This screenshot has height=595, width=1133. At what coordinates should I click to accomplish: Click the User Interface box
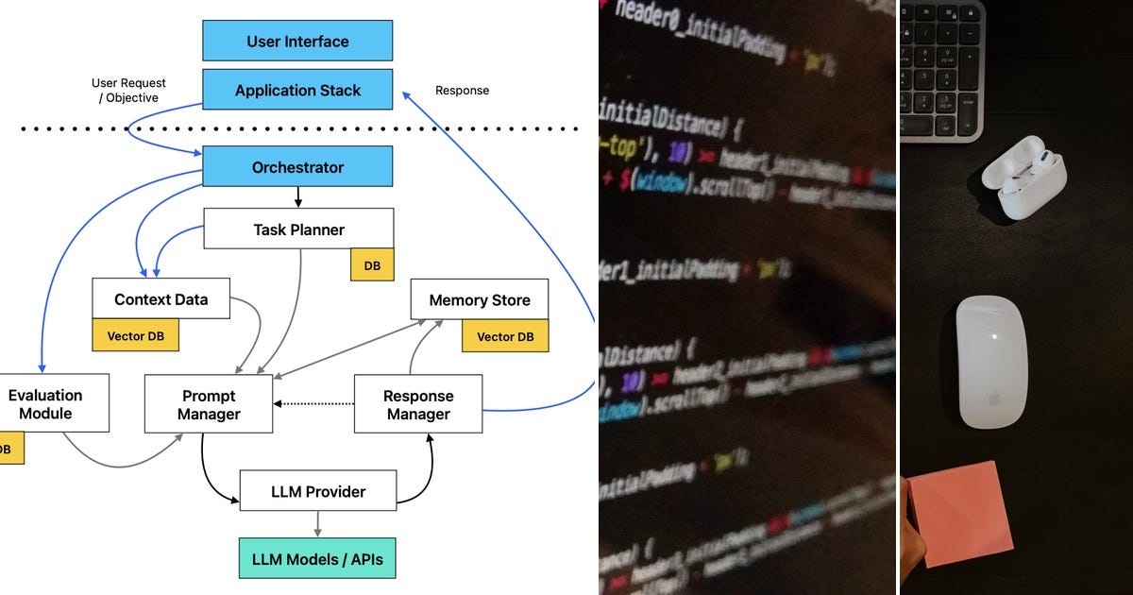[x=297, y=42]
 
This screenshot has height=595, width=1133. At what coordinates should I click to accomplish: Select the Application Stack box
[x=297, y=91]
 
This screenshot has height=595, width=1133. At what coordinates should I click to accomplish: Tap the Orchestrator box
[x=297, y=167]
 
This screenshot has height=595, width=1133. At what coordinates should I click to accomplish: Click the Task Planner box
[x=298, y=229]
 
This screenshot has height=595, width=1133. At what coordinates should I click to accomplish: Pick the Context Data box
[x=161, y=299]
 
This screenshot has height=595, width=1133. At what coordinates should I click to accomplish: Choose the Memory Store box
[x=479, y=300]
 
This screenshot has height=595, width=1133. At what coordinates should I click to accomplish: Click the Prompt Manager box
[x=208, y=404]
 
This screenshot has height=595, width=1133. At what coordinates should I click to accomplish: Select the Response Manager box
[x=417, y=404]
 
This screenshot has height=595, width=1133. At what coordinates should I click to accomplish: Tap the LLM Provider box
[x=317, y=491]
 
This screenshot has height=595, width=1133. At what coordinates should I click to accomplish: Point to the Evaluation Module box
[x=47, y=404]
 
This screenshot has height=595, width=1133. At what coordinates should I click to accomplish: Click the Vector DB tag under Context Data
[x=135, y=335]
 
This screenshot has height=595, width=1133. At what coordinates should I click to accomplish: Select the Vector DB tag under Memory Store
[x=504, y=336]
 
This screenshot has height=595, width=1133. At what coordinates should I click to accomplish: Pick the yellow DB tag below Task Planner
[x=372, y=265]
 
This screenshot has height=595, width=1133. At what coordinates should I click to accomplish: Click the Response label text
[x=462, y=91]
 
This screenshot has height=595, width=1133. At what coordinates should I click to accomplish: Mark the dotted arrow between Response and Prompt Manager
[x=313, y=404]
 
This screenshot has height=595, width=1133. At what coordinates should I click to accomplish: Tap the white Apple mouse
[x=990, y=361]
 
